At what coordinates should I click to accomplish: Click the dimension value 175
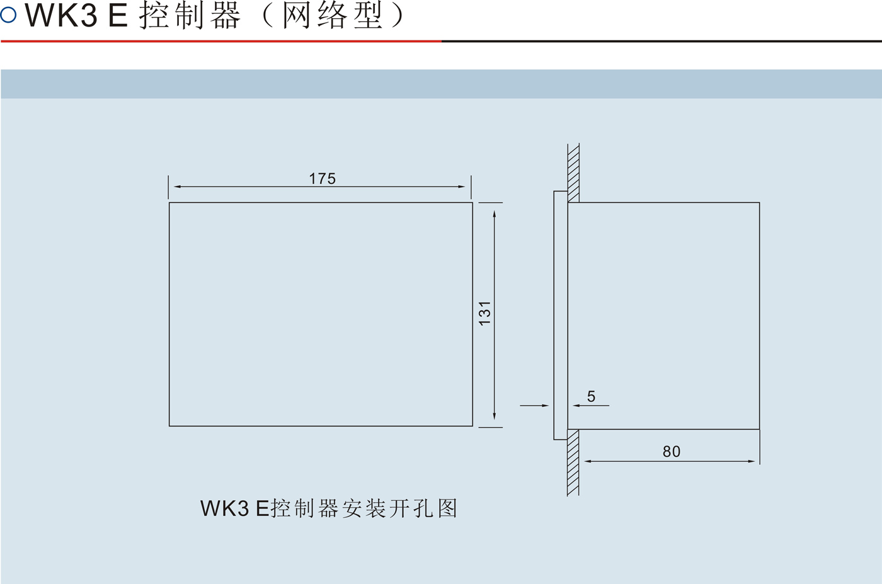322,179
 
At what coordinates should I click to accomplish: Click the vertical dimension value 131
484,313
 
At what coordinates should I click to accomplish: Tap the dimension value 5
591,396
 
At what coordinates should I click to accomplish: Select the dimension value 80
672,452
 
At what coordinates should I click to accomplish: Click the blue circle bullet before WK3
8,14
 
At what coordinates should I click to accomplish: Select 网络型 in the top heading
332,15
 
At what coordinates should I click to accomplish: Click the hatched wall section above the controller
573,173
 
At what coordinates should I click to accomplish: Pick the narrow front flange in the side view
561,315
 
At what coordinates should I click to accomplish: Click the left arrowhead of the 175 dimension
177,186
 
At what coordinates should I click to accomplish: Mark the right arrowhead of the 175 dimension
462,186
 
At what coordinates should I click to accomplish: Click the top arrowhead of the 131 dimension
495,214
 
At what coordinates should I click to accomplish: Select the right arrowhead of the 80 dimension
751,461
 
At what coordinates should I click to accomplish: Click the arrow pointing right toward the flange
545,406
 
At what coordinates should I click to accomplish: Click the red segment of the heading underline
220,42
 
